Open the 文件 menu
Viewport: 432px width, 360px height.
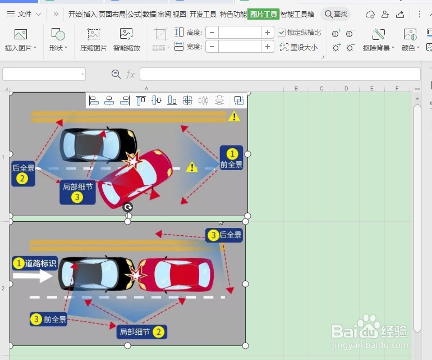(24, 14)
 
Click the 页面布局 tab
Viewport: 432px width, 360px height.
(112, 14)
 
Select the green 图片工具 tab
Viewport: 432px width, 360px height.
(263, 14)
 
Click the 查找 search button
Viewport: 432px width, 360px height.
(336, 14)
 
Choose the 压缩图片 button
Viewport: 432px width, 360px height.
(93, 39)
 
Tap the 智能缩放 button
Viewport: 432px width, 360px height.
(127, 39)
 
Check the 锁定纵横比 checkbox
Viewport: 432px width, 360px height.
(282, 33)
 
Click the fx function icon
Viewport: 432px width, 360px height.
(130, 74)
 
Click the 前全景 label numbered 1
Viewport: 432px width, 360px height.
(232, 158)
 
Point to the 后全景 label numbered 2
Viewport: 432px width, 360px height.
(23, 173)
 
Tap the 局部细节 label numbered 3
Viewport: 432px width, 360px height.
(77, 192)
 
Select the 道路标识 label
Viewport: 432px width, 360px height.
(35, 263)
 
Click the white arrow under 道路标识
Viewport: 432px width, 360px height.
(33, 276)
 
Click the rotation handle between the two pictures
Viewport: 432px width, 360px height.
(128, 207)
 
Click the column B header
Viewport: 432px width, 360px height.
(296, 89)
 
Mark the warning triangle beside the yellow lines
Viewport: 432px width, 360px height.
(234, 117)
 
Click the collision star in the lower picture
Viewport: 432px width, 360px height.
(136, 275)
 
